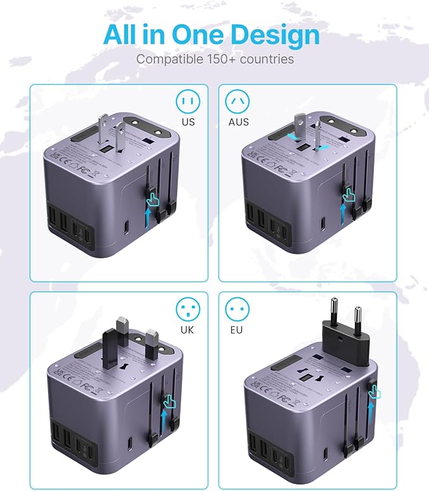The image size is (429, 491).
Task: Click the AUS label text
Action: (x=239, y=122)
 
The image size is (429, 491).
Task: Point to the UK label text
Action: (x=187, y=330)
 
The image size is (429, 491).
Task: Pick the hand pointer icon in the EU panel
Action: (x=375, y=392)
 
